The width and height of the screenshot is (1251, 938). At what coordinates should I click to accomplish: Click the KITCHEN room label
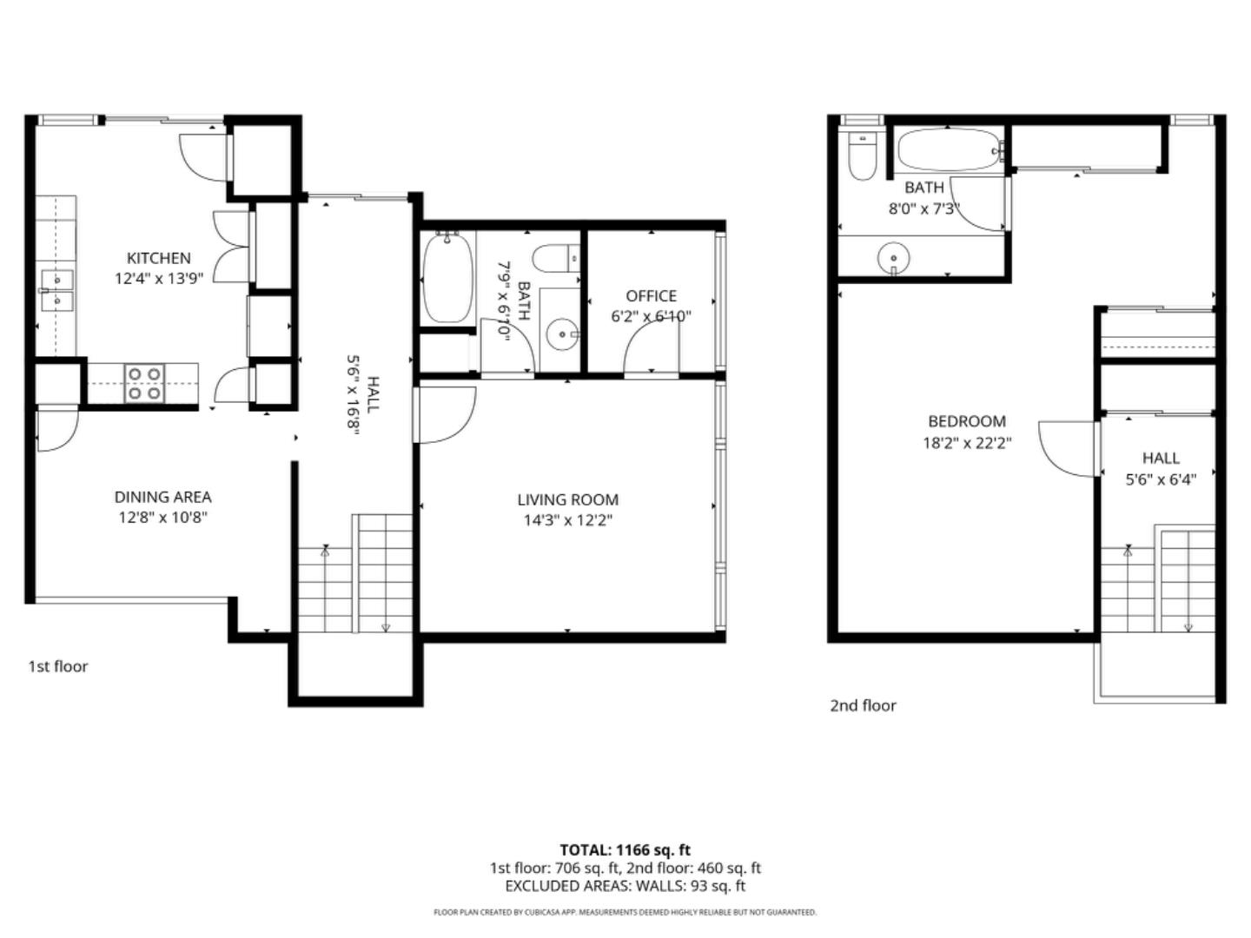click(158, 258)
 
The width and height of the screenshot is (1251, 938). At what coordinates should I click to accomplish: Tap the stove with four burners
click(145, 383)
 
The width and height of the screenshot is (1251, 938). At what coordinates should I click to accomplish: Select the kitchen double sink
click(56, 290)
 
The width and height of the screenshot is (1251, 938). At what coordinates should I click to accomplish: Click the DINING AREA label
click(162, 497)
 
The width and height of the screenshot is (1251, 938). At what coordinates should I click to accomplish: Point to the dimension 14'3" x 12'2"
click(567, 520)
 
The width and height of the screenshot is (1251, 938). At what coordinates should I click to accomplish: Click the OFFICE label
click(651, 296)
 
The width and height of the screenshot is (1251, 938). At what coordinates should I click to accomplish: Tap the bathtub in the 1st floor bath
click(447, 277)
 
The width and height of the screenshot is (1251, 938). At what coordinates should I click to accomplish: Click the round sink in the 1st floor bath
click(563, 334)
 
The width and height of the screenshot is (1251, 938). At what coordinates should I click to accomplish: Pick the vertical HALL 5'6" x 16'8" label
click(363, 406)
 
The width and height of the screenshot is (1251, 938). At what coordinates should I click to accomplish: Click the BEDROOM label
click(967, 421)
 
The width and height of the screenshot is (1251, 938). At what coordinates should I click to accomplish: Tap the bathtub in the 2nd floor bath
click(950, 150)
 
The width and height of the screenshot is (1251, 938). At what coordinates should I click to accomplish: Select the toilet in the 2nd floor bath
click(862, 156)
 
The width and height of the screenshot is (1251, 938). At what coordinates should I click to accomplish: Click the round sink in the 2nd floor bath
click(893, 258)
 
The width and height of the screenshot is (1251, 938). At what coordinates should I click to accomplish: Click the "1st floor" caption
click(58, 666)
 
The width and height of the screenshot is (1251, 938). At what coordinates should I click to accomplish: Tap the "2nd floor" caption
click(863, 705)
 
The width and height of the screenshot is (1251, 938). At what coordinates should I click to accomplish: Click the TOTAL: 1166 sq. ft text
click(625, 849)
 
